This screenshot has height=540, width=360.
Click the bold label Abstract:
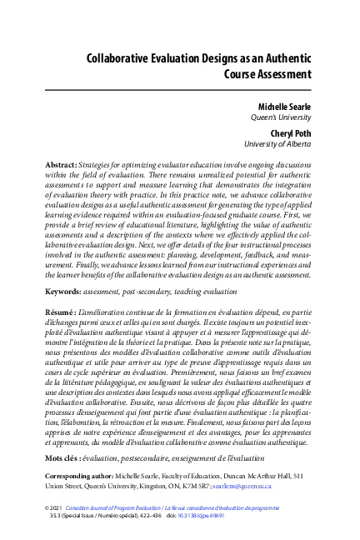(61, 167)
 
